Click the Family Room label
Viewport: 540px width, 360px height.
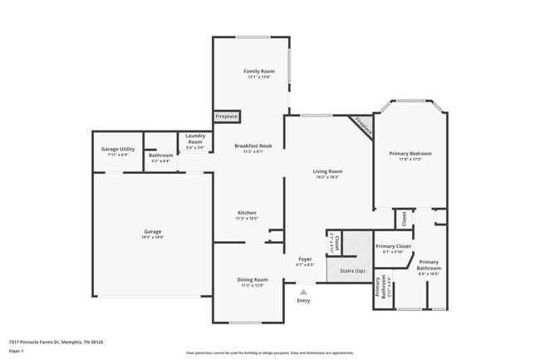coord(259,72)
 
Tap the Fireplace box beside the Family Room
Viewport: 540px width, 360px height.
coord(227,117)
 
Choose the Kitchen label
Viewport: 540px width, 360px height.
coord(247,213)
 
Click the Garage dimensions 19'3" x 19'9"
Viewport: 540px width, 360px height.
coord(153,238)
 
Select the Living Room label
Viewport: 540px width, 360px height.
coord(329,171)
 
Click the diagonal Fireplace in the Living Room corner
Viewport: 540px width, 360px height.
coord(362,126)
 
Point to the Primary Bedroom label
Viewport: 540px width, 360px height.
coord(410,153)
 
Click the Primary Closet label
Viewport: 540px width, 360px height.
coord(394,246)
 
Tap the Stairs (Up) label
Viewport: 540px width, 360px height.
coord(347,272)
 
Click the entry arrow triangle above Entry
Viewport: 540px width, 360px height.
coord(304,292)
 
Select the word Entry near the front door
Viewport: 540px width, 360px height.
coord(304,300)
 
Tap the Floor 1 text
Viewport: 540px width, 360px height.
coord(17,352)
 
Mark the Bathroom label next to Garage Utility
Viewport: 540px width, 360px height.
coord(160,155)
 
